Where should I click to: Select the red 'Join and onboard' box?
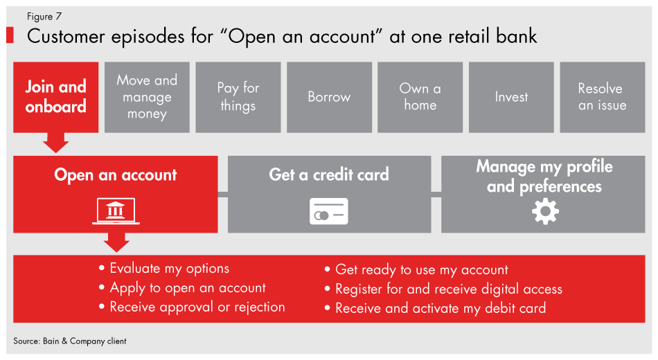coord(55,97)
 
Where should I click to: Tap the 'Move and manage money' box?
coord(147,97)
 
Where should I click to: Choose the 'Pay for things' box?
coord(238,97)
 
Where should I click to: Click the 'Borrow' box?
coord(329,97)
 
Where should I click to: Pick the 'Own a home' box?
coord(420,97)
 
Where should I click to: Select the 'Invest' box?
coord(511,97)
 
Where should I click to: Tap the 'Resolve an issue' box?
coord(602,97)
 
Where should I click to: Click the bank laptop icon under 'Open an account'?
coord(116,211)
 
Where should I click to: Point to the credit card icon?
coord(328,212)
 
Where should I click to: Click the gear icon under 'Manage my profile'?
coord(544,211)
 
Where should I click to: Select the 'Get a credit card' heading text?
coord(329,174)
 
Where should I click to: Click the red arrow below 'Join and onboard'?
coord(55,143)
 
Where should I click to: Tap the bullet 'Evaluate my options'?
coord(169,269)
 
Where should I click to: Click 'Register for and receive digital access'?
coord(448,289)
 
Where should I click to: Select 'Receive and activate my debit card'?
coord(441,309)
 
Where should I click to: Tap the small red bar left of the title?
coord(10,36)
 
